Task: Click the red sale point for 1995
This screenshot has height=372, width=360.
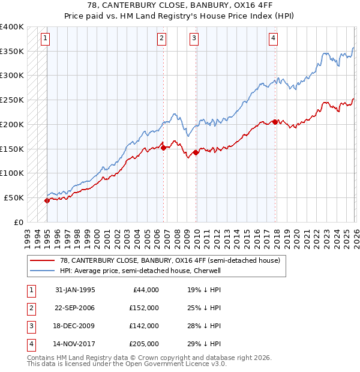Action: [x=47, y=201]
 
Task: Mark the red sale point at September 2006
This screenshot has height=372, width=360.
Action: [x=163, y=148]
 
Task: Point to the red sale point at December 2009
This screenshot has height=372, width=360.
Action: [x=196, y=152]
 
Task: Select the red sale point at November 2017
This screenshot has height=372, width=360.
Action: [x=275, y=122]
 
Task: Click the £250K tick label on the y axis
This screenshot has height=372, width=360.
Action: [x=12, y=100]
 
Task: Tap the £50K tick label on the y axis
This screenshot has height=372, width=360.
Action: [x=14, y=197]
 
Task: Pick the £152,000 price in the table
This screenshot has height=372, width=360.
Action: [x=145, y=308]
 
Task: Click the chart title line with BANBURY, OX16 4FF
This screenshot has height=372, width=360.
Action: [x=179, y=7]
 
